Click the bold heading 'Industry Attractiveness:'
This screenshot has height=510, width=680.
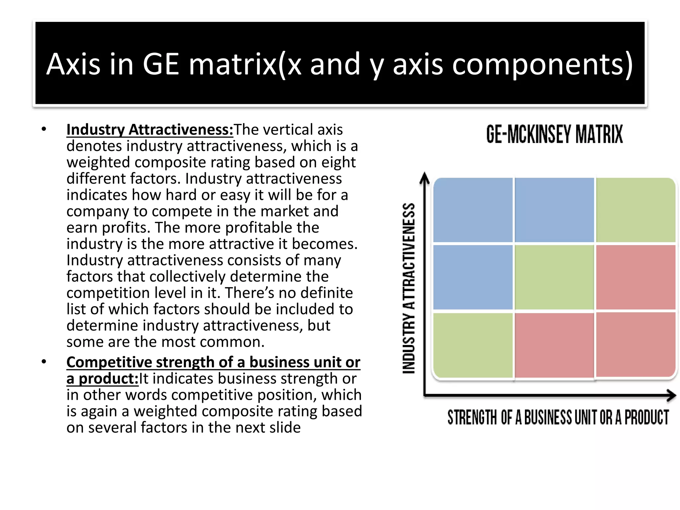[x=150, y=130]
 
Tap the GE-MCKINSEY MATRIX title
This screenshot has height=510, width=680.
[x=554, y=134]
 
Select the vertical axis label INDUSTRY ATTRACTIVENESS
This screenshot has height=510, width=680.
[x=409, y=288]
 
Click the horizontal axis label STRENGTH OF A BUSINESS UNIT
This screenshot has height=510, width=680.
[x=558, y=417]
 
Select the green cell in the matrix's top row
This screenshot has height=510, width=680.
[x=636, y=210]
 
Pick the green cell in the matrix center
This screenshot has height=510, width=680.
[x=554, y=277]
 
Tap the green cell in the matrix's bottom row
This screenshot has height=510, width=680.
[x=473, y=345]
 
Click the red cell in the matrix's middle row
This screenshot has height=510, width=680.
[x=636, y=277]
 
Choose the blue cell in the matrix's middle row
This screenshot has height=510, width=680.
[x=473, y=277]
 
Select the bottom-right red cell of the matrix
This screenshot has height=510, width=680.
[x=636, y=345]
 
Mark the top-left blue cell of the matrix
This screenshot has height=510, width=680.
[x=473, y=210]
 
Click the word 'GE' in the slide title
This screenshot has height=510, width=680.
[x=161, y=64]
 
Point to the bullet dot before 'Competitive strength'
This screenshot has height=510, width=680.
[x=44, y=362]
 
